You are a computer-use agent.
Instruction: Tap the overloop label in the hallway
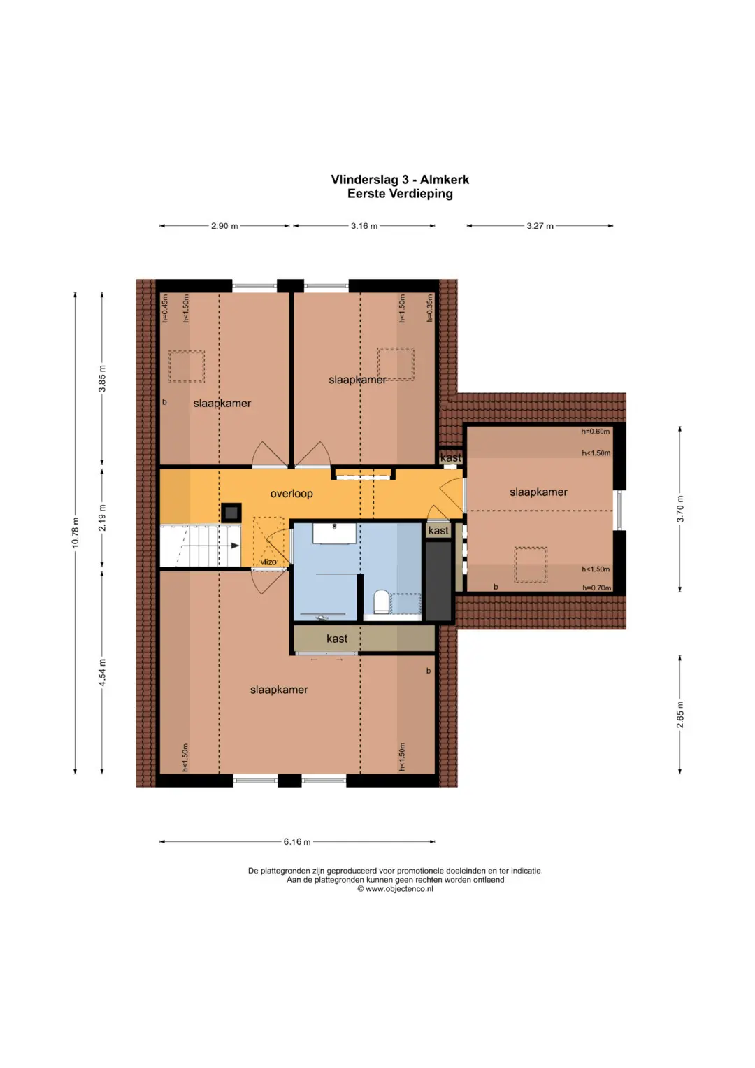(292, 494)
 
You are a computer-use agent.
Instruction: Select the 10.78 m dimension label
(75, 532)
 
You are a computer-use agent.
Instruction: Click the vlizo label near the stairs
(268, 562)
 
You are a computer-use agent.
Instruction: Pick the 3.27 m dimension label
(540, 226)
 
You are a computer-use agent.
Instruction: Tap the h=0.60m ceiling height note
(596, 432)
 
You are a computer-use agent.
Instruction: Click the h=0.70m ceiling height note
(597, 588)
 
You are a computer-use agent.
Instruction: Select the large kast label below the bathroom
(337, 639)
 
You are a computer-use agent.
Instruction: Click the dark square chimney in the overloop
(231, 513)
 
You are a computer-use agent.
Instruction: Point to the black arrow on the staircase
(234, 546)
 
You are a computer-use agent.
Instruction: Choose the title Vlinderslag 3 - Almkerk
(400, 180)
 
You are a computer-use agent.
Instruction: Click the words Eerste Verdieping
(400, 194)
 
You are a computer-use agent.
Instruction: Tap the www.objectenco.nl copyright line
(395, 889)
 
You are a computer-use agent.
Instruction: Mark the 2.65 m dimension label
(679, 715)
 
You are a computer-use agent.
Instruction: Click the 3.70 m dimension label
(679, 508)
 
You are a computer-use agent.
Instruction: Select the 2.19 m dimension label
(102, 518)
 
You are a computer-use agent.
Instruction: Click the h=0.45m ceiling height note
(165, 309)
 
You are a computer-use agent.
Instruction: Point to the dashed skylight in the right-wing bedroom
(531, 564)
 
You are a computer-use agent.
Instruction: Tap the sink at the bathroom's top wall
(334, 533)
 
